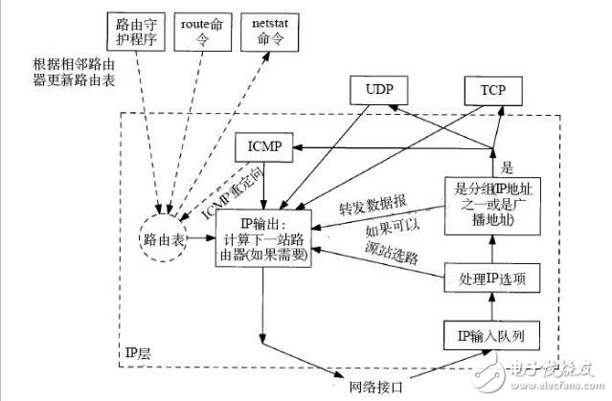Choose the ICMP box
(263, 147)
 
